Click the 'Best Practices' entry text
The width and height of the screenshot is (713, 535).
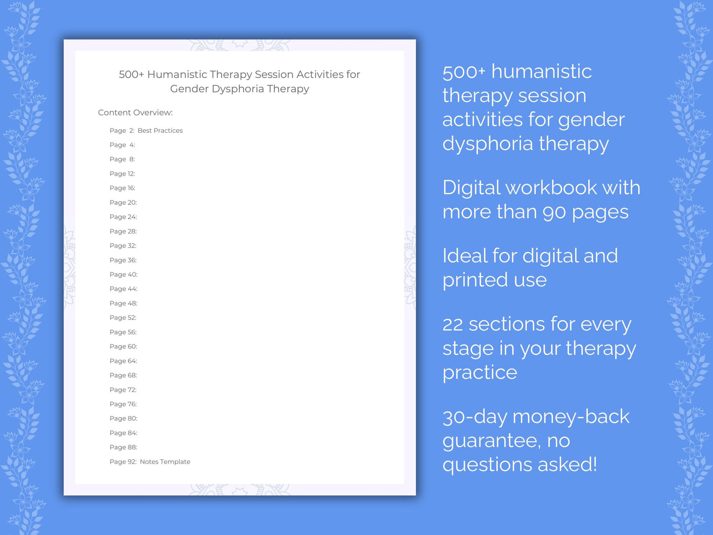point(160,131)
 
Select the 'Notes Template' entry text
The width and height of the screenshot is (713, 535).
point(165,462)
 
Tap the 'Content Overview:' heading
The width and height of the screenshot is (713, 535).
point(135,113)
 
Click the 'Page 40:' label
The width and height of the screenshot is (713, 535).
point(123,275)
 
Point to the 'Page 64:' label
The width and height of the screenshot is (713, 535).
point(123,361)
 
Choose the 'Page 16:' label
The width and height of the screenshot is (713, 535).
point(122,188)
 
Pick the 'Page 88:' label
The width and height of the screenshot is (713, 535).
point(123,448)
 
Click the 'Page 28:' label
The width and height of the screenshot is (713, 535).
point(123,231)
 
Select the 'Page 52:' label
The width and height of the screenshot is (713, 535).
point(123,318)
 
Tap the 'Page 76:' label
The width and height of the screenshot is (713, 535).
point(123,404)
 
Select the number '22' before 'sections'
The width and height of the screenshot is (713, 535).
point(452,325)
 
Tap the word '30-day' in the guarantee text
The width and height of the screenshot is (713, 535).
point(474,417)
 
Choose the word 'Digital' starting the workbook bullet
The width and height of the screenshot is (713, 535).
point(471,188)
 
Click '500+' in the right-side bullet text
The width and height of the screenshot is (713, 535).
point(464,72)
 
